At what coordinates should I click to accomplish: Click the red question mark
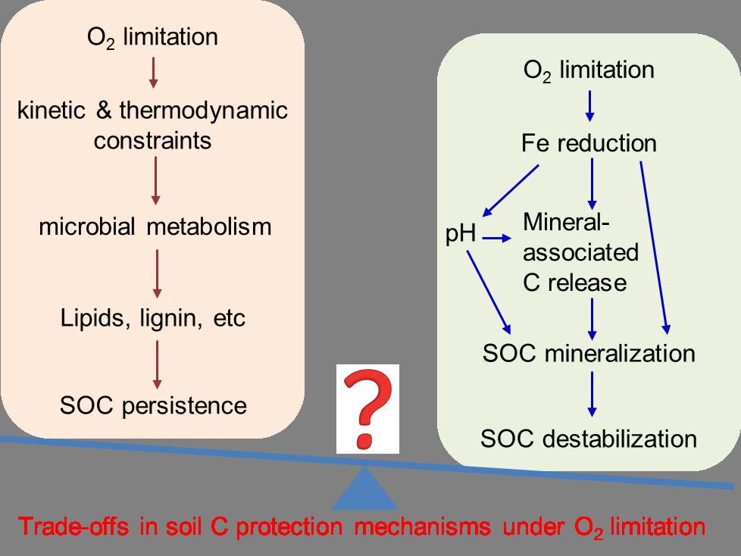(x=368, y=406)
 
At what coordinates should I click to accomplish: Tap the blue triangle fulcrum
(x=365, y=489)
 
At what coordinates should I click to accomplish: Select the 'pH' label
(x=461, y=235)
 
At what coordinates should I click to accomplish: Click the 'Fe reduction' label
(x=589, y=143)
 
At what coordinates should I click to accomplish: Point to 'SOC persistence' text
(x=153, y=405)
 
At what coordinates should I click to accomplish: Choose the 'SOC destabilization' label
(x=589, y=438)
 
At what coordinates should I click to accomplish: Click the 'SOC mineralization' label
(x=589, y=353)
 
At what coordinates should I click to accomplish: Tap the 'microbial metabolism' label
(x=155, y=226)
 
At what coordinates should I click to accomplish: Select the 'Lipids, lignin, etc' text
(x=153, y=318)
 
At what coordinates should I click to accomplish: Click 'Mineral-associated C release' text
(x=580, y=252)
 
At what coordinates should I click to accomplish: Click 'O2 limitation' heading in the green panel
(x=589, y=70)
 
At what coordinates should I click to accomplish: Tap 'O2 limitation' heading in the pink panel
(x=153, y=37)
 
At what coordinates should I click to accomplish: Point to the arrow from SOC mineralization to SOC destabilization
(x=592, y=395)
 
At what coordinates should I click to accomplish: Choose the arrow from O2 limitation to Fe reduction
(x=589, y=107)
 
